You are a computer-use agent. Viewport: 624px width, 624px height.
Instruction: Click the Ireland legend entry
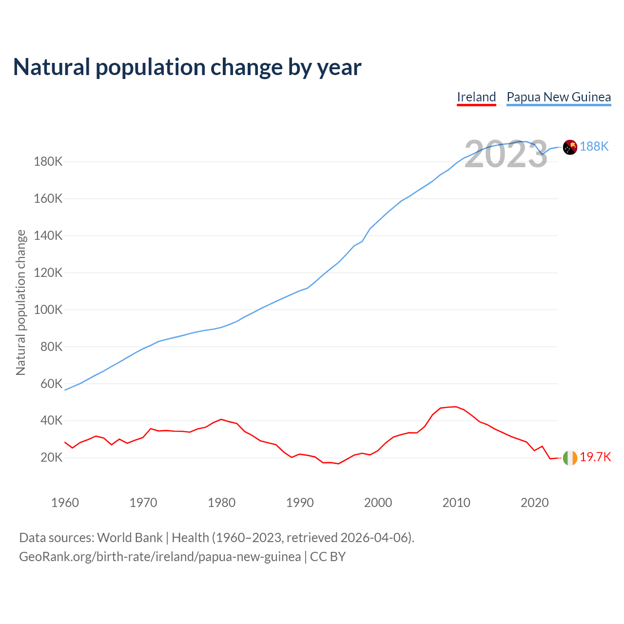pos(476,97)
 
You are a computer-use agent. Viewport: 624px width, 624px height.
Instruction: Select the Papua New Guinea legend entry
pos(559,97)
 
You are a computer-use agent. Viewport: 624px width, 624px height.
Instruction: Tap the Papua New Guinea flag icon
pos(570,147)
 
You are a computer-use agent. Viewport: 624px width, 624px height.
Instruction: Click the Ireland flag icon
pos(570,458)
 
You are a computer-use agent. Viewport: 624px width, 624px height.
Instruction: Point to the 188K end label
pos(594,146)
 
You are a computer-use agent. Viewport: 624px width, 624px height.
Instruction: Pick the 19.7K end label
pos(595,457)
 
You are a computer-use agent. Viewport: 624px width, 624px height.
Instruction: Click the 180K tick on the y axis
pos(48,161)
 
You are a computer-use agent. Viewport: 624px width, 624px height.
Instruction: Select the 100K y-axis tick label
pos(48,310)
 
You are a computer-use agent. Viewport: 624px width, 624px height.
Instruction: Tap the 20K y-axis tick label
pos(52,457)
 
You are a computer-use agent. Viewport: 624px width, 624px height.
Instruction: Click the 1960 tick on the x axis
pos(65,503)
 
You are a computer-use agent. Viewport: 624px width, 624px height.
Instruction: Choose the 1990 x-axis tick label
pos(300,503)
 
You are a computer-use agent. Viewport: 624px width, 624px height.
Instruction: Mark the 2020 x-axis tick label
pos(535,503)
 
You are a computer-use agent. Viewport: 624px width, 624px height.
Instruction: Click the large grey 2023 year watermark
pos(506,155)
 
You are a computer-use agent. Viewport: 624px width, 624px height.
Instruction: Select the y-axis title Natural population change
pos(21,303)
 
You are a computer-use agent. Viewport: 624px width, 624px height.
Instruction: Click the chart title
pos(187,67)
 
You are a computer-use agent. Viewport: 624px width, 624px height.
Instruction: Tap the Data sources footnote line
pos(216,538)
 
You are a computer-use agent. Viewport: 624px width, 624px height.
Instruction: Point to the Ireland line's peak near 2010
pos(456,407)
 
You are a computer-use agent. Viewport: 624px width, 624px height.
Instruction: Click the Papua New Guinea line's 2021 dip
pos(542,155)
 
